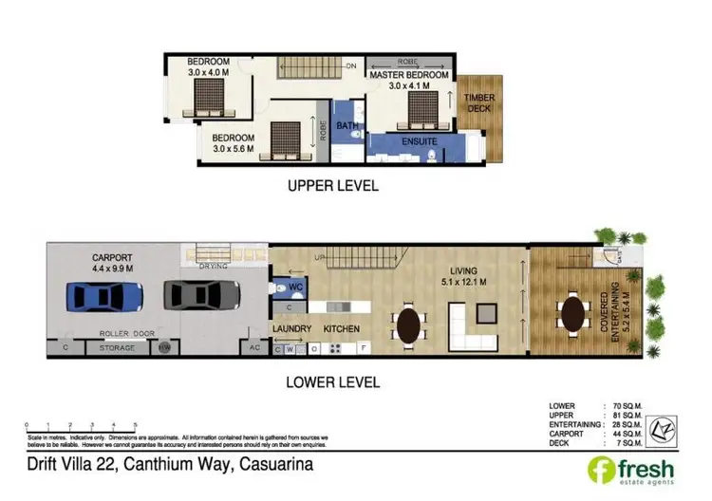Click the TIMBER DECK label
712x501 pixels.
(479, 102)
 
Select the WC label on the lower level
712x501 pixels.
(295, 284)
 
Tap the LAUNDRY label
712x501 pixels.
(291, 329)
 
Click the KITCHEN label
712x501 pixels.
(341, 329)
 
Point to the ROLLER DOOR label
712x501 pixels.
(126, 333)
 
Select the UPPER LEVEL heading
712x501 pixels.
(332, 186)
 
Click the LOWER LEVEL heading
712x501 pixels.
(332, 382)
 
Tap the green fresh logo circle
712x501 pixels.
(600, 468)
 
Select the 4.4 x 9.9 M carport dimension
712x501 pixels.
(115, 269)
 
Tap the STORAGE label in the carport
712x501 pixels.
(118, 348)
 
